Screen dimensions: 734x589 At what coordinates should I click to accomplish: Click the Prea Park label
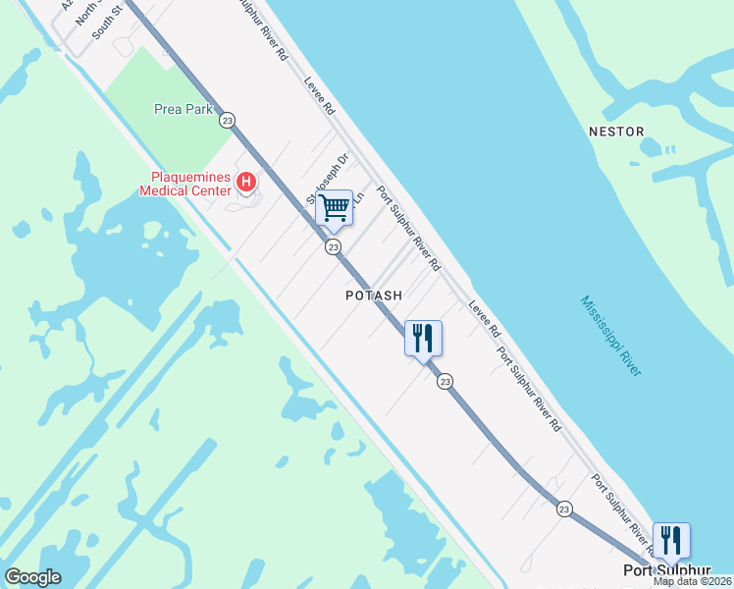183,110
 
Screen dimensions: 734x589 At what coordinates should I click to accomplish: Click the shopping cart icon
334,207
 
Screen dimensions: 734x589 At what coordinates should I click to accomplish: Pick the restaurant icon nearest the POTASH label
423,338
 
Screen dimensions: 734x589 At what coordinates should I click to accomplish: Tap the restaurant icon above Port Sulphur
671,541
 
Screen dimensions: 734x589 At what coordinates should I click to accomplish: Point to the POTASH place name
374,294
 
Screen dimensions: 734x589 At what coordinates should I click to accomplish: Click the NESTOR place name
616,131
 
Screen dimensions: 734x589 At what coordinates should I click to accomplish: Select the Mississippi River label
610,336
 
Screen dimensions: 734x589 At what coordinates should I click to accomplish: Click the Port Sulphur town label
667,570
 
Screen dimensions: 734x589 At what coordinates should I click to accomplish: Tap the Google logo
32,577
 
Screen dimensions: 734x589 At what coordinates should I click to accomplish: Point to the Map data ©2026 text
693,581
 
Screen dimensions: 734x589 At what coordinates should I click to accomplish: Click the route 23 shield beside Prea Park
228,119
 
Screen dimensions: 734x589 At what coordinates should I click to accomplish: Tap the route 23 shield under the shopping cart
334,247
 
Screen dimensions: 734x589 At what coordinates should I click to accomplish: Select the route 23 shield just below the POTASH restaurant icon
445,381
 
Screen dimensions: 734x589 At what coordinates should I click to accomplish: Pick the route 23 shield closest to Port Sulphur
563,509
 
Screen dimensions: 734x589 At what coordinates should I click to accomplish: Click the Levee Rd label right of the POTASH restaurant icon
484,318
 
